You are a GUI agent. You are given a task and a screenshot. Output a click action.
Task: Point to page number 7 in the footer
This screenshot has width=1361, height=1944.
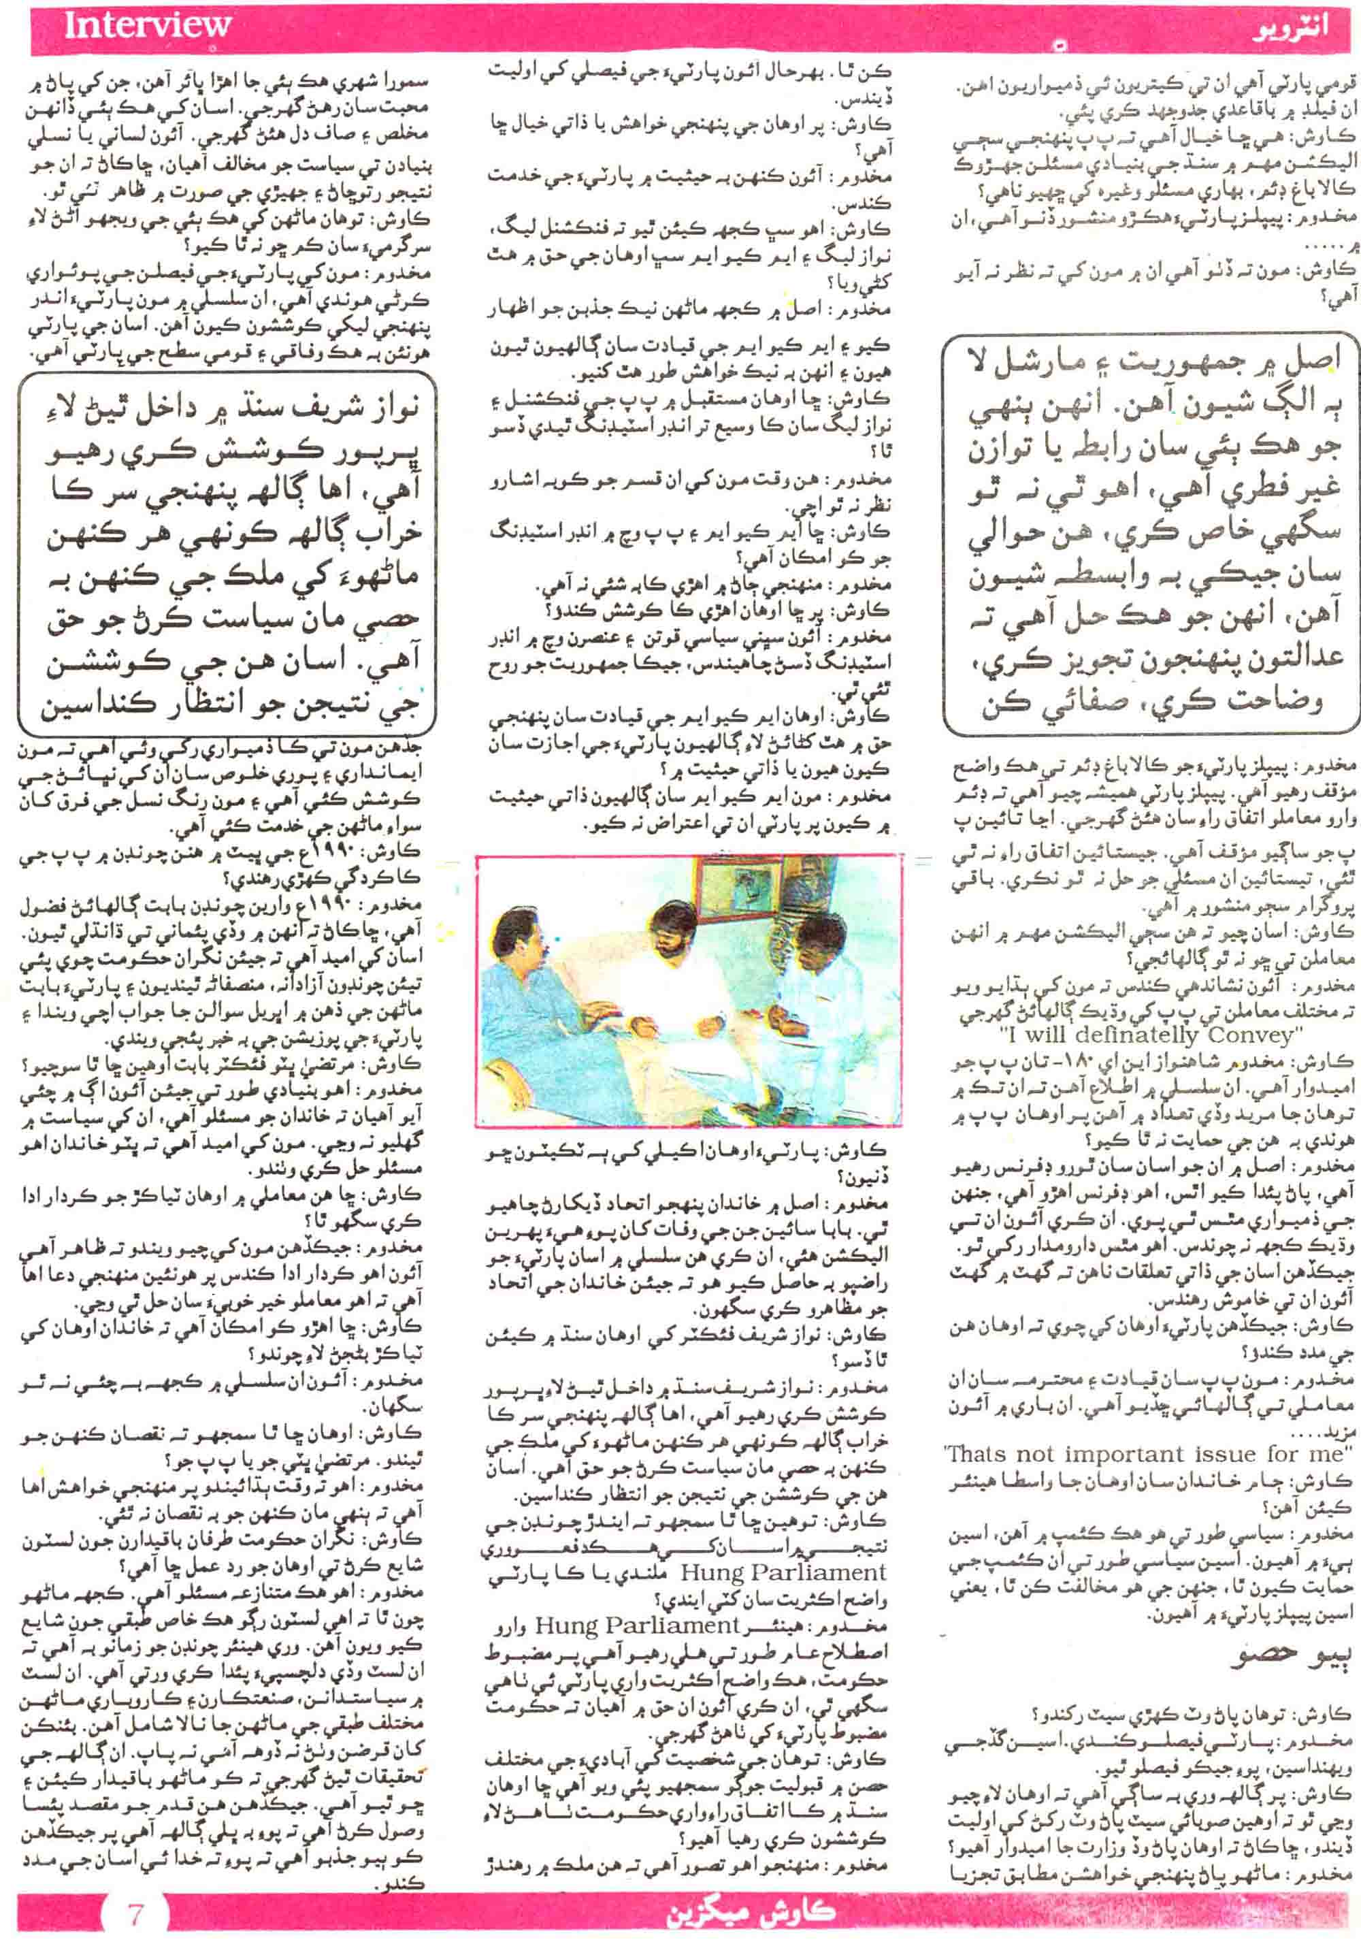pos(135,1913)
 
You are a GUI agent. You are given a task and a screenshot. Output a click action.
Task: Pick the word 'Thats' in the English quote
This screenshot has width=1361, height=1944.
pos(978,1455)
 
